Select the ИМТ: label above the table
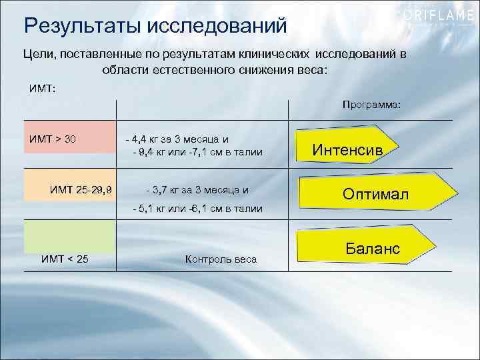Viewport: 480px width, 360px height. click(x=42, y=87)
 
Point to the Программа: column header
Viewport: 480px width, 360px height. click(x=371, y=105)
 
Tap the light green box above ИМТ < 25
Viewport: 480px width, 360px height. click(x=70, y=235)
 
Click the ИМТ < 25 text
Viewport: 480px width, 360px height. click(x=65, y=259)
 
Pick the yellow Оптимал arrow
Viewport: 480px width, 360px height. click(x=375, y=193)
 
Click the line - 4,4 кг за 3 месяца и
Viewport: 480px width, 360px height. click(x=177, y=139)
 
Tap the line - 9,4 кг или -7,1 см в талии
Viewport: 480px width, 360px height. click(x=198, y=153)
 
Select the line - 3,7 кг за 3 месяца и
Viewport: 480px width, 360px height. click(x=197, y=190)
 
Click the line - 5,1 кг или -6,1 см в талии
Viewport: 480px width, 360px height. click(x=198, y=209)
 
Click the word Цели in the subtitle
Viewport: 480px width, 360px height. click(x=36, y=53)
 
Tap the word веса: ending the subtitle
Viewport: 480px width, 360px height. click(x=311, y=69)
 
